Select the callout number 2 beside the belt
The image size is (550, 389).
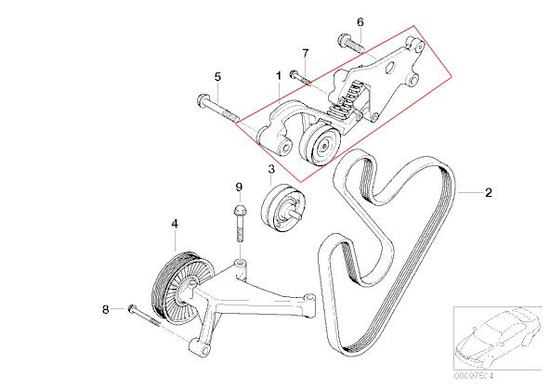pos(489,193)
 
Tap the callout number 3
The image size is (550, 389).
pos(270,170)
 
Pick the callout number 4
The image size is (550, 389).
pos(174,224)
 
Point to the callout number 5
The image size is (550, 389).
pos(217,77)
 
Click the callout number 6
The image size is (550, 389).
pos(360,21)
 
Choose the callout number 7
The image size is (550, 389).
pos(304,55)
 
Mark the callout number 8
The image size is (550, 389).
pos(105,308)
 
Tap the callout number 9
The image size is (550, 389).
pos(238,188)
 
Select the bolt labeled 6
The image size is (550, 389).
pos(349,44)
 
